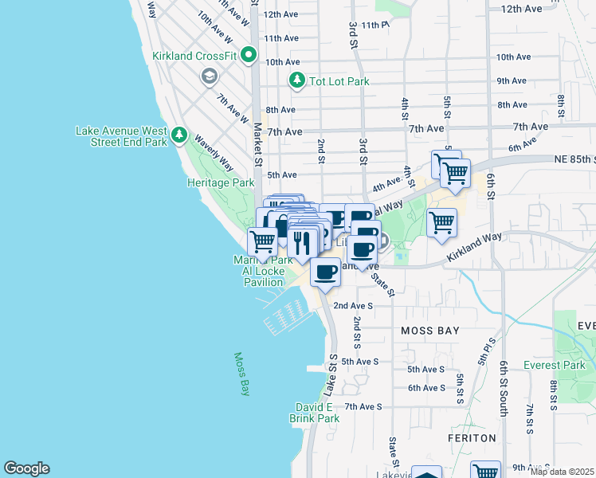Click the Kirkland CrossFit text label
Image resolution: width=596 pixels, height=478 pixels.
point(194,56)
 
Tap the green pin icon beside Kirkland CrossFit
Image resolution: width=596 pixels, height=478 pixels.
point(248,56)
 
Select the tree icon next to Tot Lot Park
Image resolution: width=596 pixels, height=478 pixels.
point(296,80)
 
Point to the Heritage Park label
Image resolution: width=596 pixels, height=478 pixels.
point(221,182)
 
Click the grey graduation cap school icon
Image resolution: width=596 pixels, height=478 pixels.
point(210,76)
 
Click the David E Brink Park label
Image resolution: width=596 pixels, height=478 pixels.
point(317,412)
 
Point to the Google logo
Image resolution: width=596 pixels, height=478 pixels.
point(26,468)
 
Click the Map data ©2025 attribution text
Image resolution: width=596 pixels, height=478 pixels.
point(562,472)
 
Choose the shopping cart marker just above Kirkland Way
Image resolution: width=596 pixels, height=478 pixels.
point(441,222)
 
